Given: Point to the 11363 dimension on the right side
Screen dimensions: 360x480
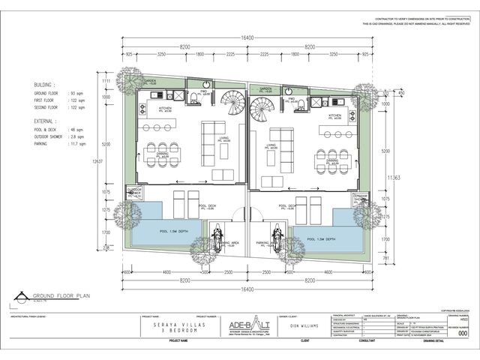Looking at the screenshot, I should pos(391,177).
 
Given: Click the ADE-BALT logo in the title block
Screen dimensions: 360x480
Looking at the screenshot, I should pos(245,323).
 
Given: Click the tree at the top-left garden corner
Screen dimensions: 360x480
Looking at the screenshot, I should pos(131,79).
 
